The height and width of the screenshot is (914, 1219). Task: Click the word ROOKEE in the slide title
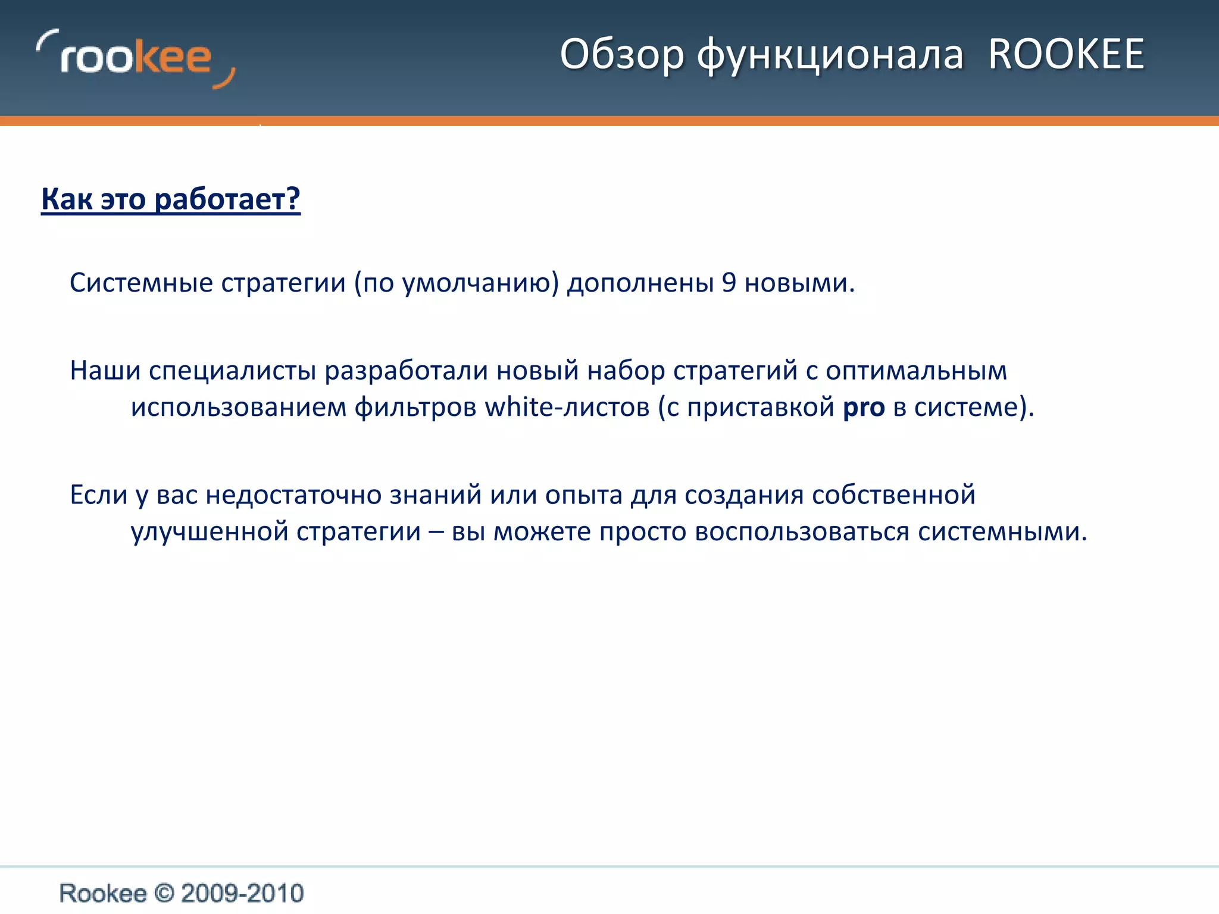tap(1066, 54)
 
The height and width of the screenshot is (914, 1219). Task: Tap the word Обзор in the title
tap(622, 55)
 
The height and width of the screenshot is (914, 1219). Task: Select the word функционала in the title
tap(830, 55)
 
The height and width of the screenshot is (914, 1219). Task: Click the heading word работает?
tap(227, 199)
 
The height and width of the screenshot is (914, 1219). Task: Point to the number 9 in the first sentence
tap(729, 283)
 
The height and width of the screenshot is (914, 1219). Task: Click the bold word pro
tap(864, 408)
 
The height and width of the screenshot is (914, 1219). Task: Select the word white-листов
tap(567, 408)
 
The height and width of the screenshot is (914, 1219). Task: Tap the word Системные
tap(142, 283)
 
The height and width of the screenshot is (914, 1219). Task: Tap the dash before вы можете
tap(436, 531)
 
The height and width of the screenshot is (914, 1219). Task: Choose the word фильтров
tap(415, 408)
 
